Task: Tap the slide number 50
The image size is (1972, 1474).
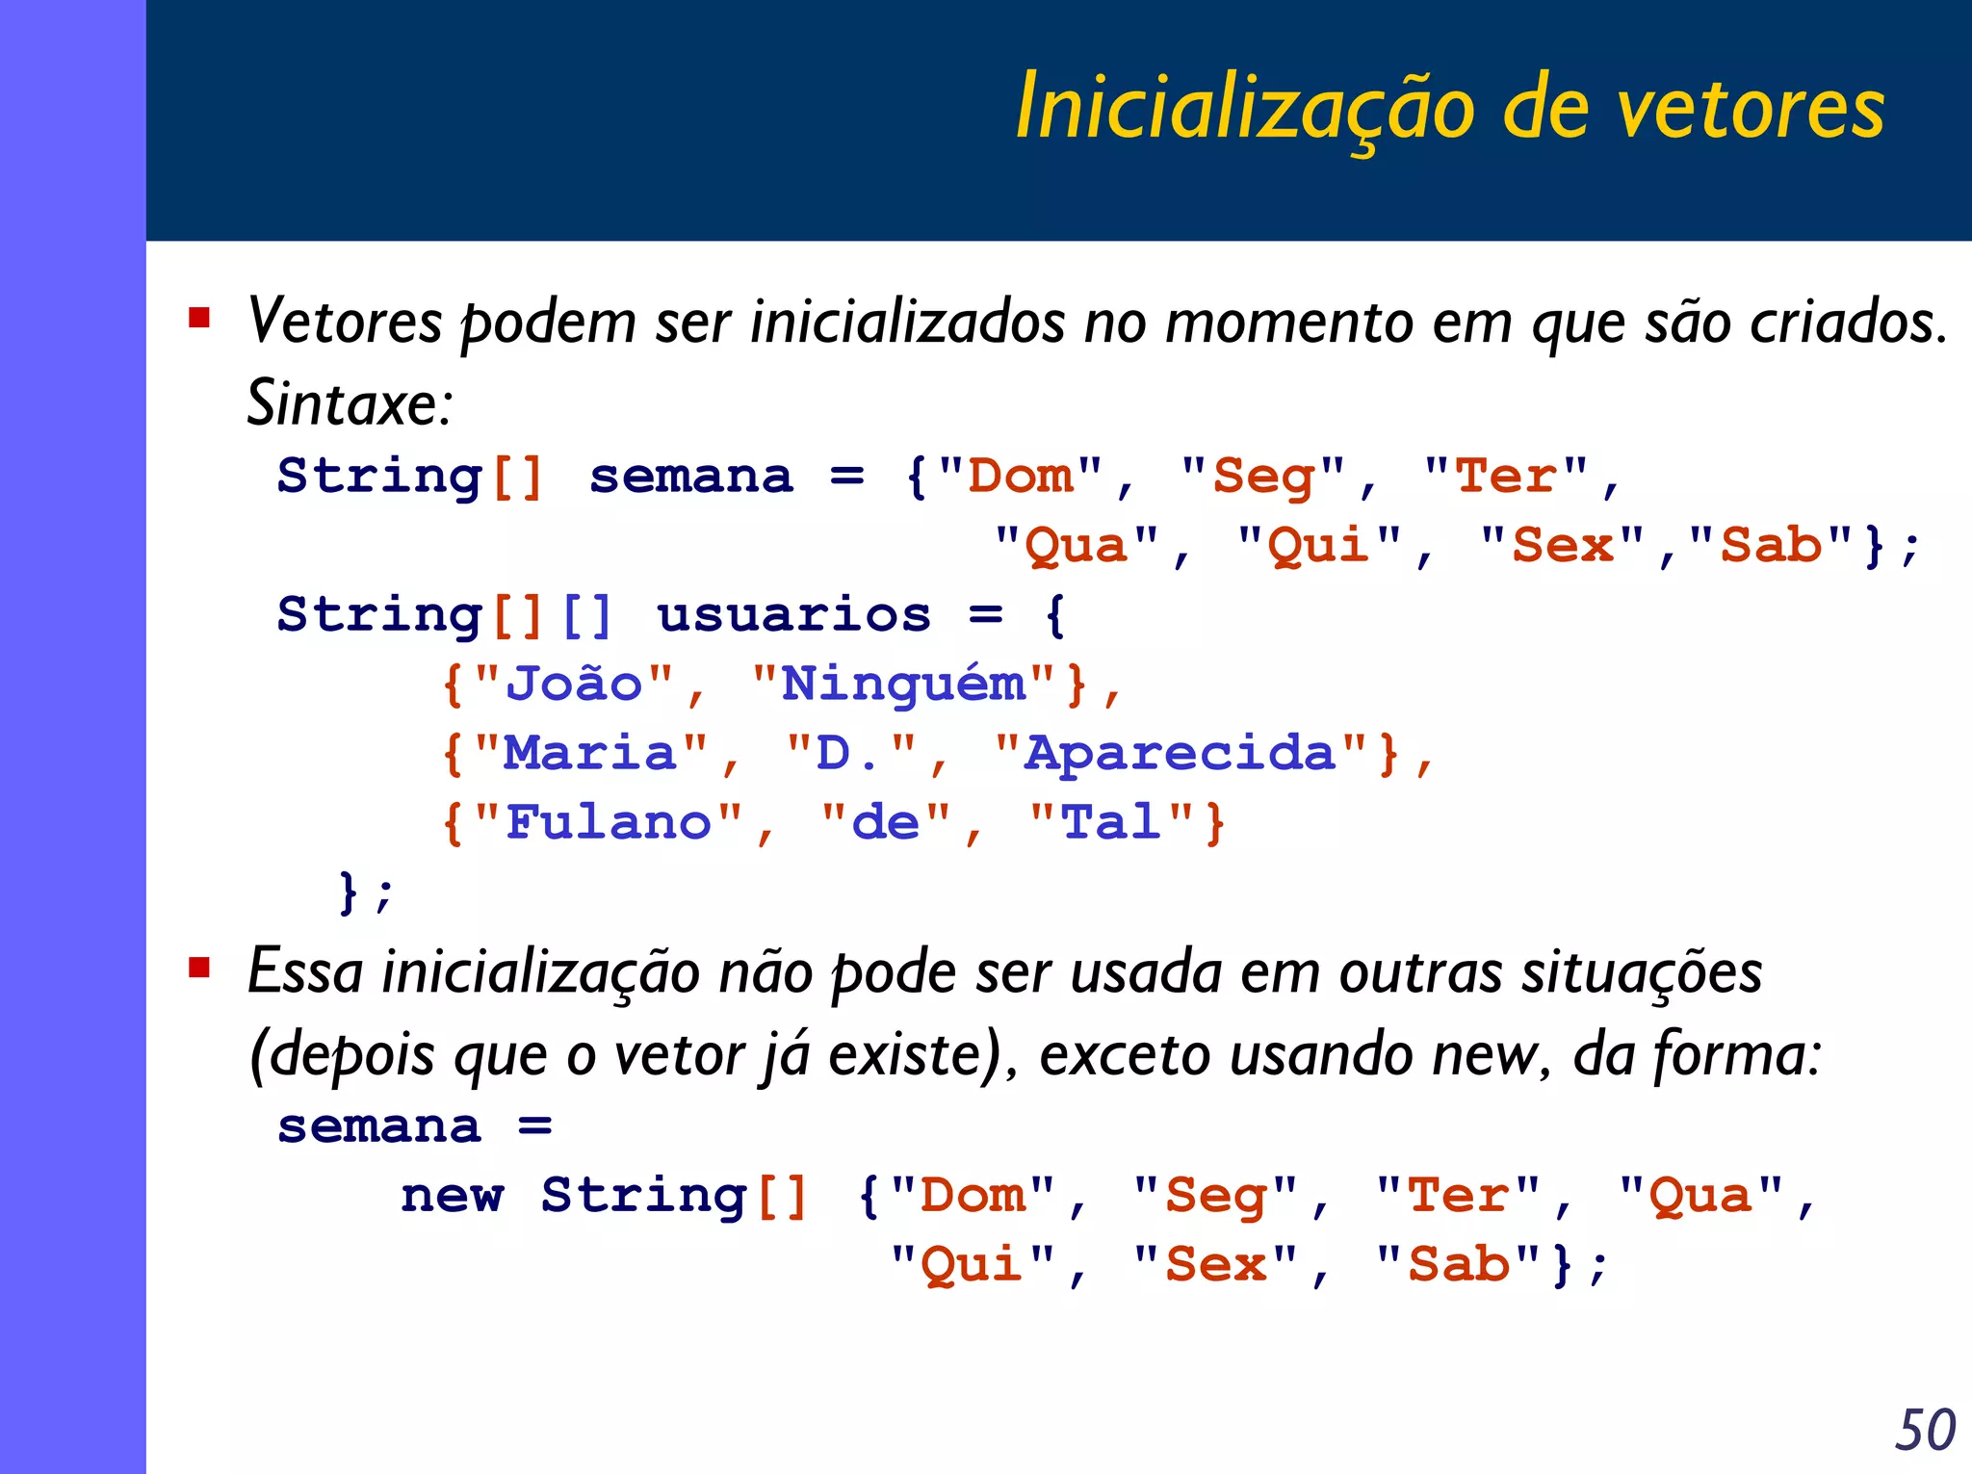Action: (x=1925, y=1430)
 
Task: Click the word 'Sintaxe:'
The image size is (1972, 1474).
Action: (x=350, y=402)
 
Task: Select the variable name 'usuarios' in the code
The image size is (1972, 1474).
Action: (x=793, y=614)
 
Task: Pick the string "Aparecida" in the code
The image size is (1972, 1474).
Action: (x=1180, y=753)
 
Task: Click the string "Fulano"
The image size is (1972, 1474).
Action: (x=609, y=822)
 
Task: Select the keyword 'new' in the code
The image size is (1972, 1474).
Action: (x=452, y=1196)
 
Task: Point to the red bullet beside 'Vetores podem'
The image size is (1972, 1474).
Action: (x=199, y=318)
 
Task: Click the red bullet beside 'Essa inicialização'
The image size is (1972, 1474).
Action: (x=199, y=967)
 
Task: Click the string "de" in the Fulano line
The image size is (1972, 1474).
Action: (x=886, y=822)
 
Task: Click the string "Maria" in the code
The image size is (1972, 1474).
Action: (x=591, y=753)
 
